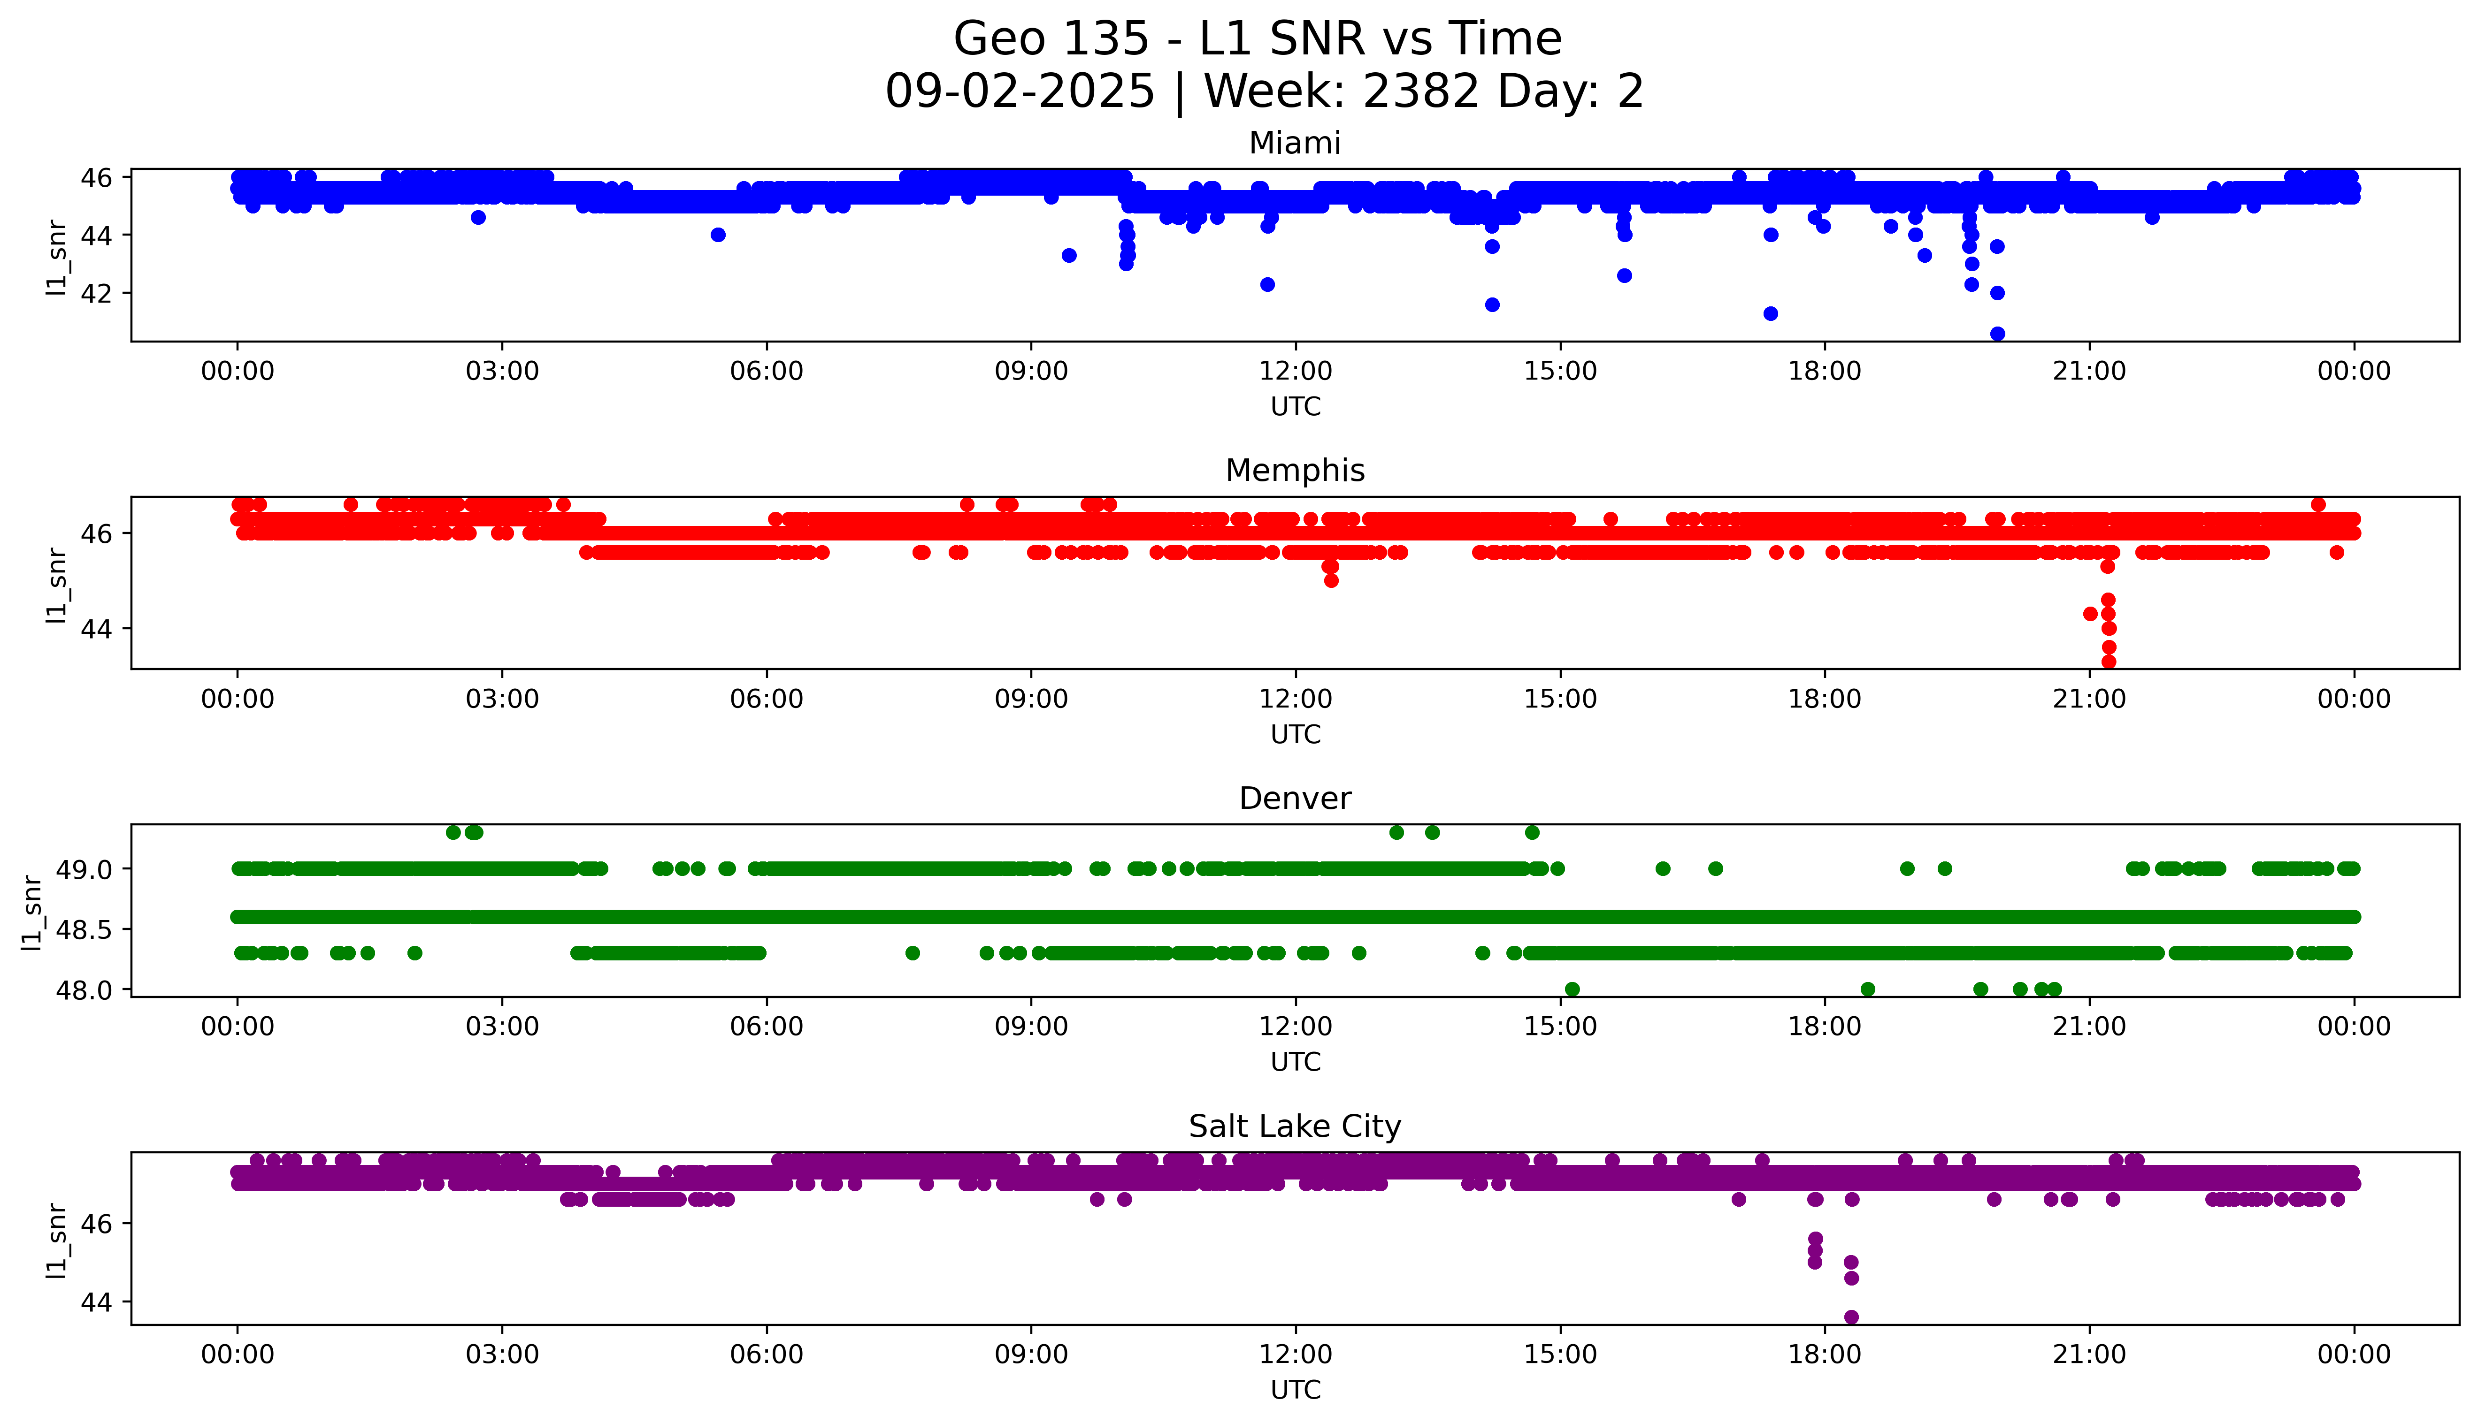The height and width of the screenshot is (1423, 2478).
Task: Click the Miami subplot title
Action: (1294, 144)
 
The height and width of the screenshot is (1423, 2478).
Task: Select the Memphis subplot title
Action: (1294, 471)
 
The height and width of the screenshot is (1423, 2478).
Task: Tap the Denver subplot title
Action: (1294, 799)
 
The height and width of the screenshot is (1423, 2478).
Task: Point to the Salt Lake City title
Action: (1294, 1127)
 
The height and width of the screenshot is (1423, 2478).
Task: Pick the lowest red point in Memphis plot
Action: (2109, 662)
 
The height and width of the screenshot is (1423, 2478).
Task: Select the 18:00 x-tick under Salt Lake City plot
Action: (1824, 1355)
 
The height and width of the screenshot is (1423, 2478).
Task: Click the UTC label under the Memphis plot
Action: (1295, 734)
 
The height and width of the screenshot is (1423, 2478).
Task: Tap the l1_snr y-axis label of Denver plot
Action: (32, 911)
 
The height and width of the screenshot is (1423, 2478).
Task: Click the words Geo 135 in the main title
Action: (1051, 39)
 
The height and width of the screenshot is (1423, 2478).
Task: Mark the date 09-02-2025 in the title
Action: (1020, 92)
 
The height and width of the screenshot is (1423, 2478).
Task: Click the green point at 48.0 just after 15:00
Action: (1572, 989)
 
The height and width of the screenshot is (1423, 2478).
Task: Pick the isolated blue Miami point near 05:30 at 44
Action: (718, 235)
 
